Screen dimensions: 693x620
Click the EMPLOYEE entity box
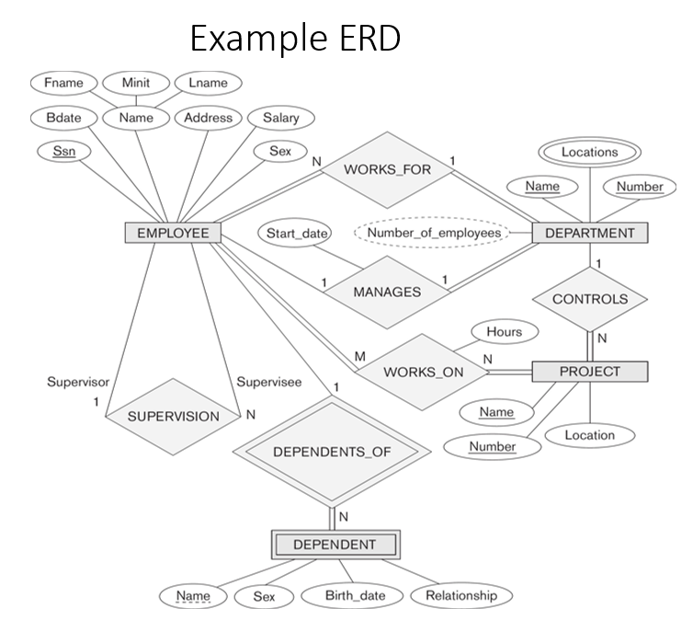(173, 233)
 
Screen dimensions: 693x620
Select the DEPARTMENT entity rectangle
(590, 233)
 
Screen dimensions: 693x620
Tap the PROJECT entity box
(590, 372)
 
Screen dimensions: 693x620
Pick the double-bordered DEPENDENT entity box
(335, 545)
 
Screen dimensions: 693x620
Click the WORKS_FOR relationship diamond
(387, 170)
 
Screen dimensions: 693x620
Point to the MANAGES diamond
(387, 293)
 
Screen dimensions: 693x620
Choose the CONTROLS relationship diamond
(590, 299)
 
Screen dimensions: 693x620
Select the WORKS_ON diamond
(423, 372)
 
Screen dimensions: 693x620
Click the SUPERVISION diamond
(173, 417)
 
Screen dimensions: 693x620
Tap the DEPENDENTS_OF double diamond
(332, 452)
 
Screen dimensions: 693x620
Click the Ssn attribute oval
(64, 151)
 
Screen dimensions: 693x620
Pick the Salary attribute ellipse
(281, 118)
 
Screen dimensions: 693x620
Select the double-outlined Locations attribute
(589, 152)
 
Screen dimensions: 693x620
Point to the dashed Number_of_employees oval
(433, 233)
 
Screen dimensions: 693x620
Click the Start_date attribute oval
(297, 233)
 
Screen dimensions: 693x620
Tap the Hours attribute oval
(505, 332)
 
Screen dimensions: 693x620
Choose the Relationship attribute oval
(461, 596)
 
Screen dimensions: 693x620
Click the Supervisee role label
(269, 382)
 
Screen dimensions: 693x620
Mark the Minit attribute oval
(136, 83)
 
